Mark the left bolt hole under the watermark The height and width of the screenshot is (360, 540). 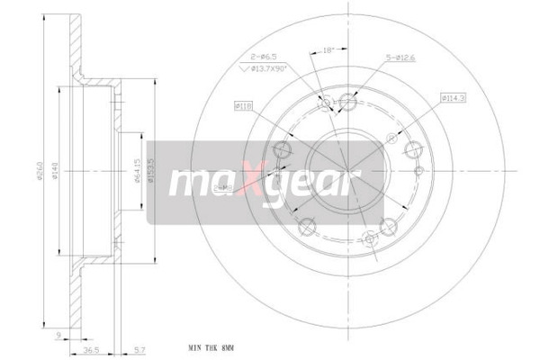tap(281, 150)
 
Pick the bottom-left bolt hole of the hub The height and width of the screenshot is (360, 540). tap(306, 226)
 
